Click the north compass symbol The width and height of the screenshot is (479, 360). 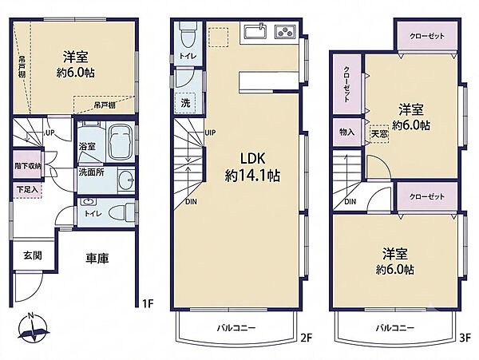click(33, 327)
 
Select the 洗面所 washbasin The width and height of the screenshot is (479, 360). click(125, 180)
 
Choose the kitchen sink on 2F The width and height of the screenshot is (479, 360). click(255, 31)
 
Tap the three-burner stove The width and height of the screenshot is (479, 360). click(285, 31)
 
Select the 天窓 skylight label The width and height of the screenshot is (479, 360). click(379, 134)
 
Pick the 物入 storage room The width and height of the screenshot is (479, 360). click(347, 133)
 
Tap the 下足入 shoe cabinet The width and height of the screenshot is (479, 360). click(27, 190)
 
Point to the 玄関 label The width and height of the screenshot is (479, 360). click(33, 255)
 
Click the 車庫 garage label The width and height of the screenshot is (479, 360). click(97, 259)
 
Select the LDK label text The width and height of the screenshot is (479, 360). click(252, 158)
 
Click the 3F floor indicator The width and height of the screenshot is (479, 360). click(465, 338)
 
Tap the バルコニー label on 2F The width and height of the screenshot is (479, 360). click(236, 328)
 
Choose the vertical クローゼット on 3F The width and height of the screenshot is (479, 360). click(347, 85)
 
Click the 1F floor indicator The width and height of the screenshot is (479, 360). click(148, 303)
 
